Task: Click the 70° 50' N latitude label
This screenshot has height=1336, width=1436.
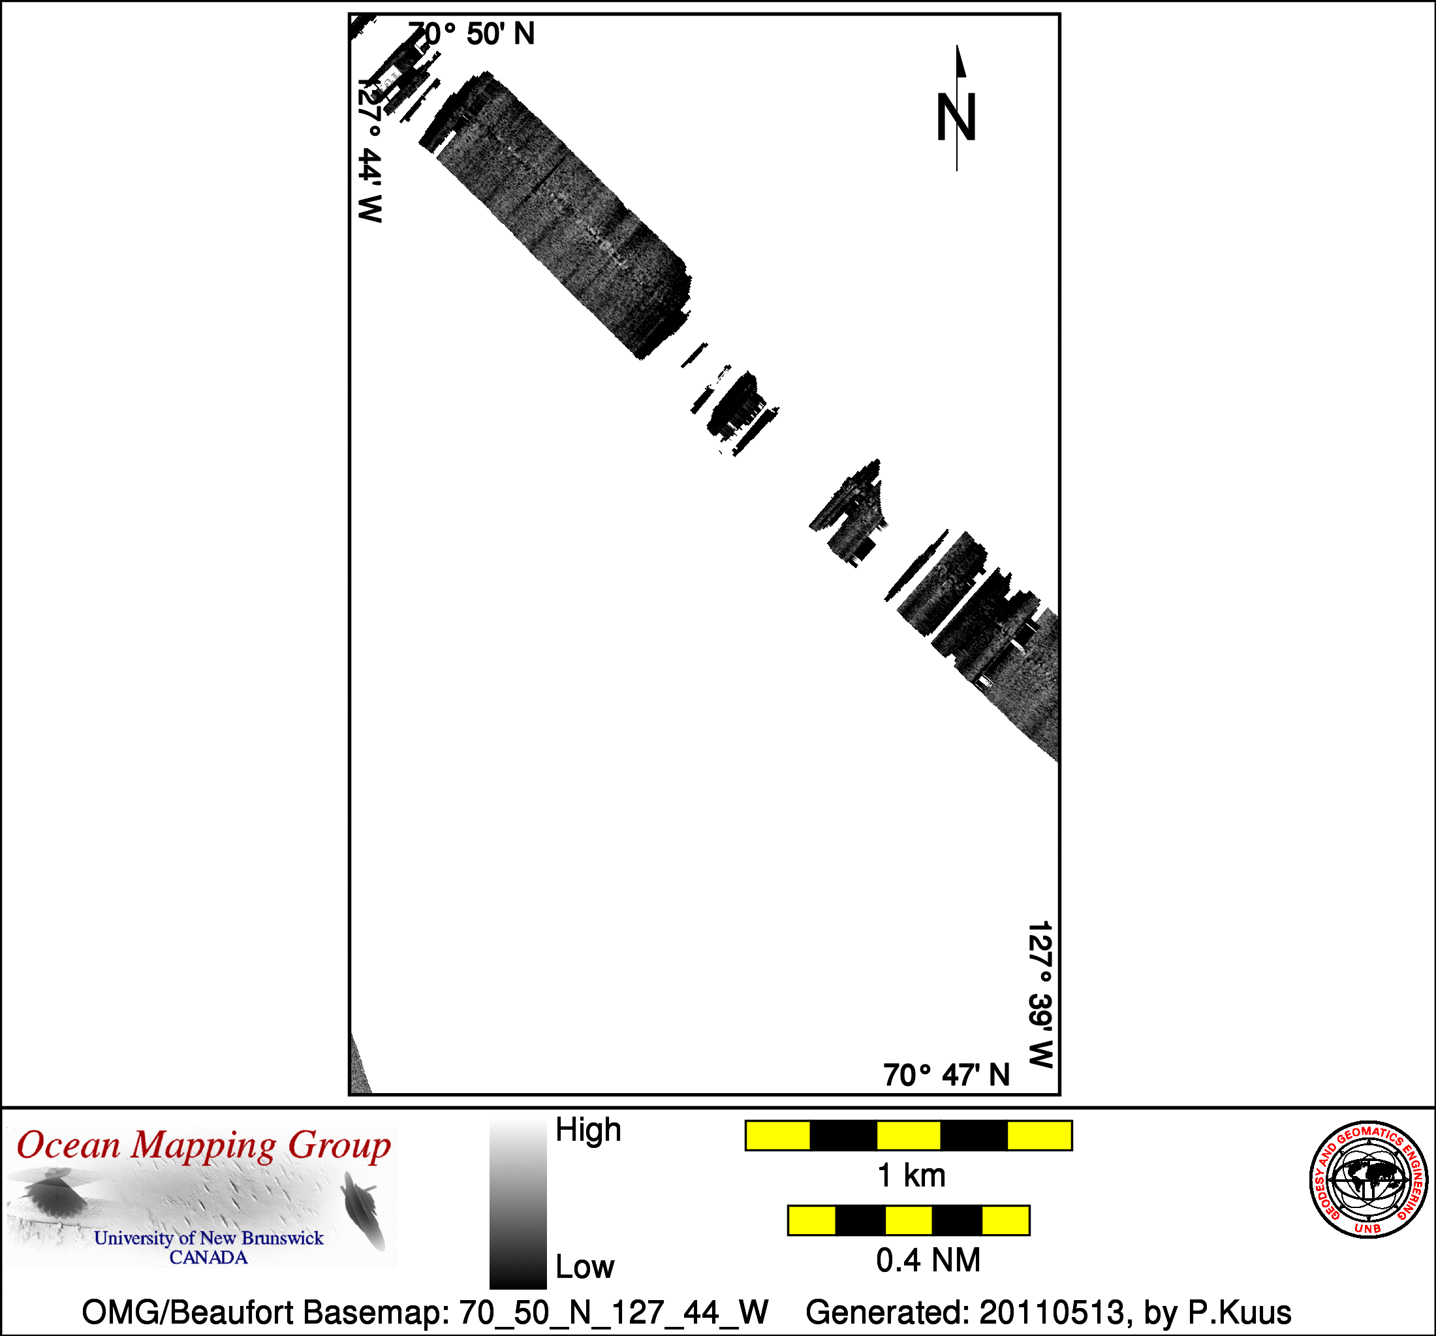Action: pos(472,34)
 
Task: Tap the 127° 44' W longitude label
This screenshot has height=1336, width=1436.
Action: pos(370,150)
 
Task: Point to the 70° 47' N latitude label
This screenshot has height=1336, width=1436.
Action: pos(946,1075)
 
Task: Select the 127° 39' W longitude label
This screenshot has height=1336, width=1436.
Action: pos(1041,994)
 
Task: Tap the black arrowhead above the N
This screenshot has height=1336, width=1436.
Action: pos(961,61)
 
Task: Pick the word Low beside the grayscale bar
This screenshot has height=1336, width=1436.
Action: pos(584,1267)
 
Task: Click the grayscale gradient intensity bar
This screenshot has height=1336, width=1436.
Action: pos(518,1205)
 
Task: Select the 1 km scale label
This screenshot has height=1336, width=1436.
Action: pos(911,1175)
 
